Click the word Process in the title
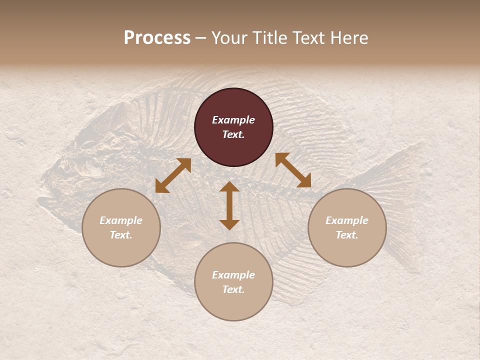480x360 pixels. [x=157, y=38]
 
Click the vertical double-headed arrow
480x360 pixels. [x=229, y=205]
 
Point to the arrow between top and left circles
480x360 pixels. [x=173, y=175]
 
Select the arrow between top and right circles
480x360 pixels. [x=293, y=170]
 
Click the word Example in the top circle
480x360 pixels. [x=233, y=120]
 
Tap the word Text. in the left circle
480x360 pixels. [x=121, y=235]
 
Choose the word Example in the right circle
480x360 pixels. [x=347, y=220]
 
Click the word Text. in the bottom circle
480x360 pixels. [x=233, y=289]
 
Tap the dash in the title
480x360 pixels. [x=201, y=38]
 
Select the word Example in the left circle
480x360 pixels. [x=121, y=220]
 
